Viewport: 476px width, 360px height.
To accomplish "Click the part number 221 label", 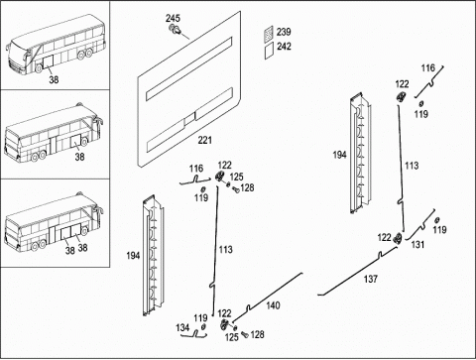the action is tap(204, 140).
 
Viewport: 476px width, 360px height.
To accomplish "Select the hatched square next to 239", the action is tap(269, 35).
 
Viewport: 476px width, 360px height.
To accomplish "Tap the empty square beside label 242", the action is tap(269, 51).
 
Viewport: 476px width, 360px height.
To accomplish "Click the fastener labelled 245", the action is tap(175, 30).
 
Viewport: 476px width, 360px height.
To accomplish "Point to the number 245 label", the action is tap(173, 18).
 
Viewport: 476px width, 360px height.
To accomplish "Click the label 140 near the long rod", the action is tap(273, 305).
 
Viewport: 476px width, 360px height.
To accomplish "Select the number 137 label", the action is tap(371, 279).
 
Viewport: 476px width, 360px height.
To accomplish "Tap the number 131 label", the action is tap(417, 245).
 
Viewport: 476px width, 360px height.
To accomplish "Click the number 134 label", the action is tap(182, 327).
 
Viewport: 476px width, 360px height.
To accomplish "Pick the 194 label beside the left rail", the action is tap(133, 256).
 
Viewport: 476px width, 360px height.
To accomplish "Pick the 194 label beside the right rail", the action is tap(340, 155).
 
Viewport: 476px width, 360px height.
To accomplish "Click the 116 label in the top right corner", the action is tap(428, 68).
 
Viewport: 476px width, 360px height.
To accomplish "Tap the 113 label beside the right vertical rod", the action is tap(412, 166).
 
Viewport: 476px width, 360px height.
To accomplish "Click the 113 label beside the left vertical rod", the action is tap(226, 249).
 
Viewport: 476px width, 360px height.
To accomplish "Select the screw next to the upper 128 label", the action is tap(235, 189).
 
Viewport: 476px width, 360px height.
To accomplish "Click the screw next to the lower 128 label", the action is tap(245, 334).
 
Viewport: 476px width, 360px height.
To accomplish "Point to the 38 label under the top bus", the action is tap(54, 79).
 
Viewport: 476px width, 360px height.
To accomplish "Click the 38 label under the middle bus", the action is tap(79, 157).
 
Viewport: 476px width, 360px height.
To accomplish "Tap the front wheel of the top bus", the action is tap(39, 67).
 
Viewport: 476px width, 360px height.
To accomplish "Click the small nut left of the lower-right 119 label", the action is tap(437, 220).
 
